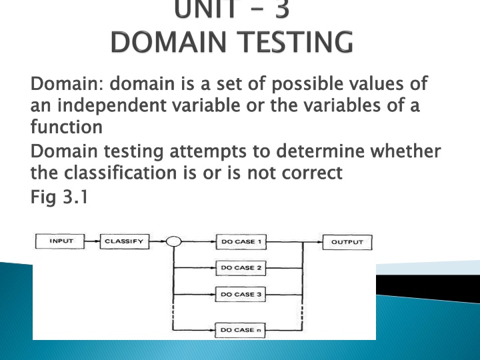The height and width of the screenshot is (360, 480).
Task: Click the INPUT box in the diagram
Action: (x=60, y=241)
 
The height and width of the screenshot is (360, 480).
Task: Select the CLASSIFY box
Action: (x=125, y=241)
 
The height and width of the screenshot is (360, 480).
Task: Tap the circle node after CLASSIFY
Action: (x=173, y=241)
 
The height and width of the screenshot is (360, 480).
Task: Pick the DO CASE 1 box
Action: (x=241, y=242)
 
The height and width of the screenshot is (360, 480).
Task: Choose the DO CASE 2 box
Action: (x=241, y=268)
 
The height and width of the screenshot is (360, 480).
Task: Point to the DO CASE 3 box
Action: (x=241, y=294)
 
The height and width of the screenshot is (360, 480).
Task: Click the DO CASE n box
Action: (x=240, y=330)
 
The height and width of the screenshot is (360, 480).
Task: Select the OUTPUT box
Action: (x=347, y=242)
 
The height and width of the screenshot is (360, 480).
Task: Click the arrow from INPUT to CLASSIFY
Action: (x=93, y=241)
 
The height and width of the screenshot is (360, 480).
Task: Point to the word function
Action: (x=67, y=127)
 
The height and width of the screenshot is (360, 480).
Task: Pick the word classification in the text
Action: (x=120, y=173)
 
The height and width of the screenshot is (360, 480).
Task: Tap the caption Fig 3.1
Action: (x=59, y=197)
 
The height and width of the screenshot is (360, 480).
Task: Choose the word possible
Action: (x=307, y=84)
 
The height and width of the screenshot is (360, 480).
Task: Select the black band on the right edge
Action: (x=428, y=287)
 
